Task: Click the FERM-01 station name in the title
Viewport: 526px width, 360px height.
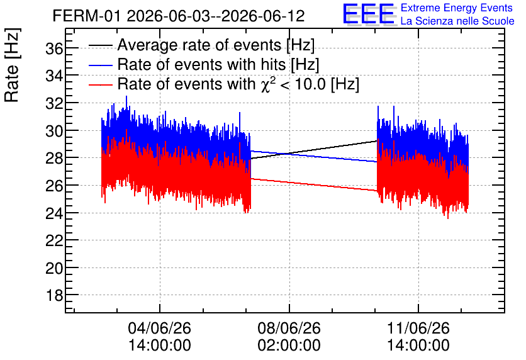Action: click(x=86, y=16)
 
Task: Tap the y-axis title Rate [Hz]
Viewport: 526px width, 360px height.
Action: click(x=12, y=65)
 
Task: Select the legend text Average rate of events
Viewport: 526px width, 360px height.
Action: click(x=199, y=45)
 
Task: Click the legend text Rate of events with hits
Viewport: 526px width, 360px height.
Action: click(x=201, y=64)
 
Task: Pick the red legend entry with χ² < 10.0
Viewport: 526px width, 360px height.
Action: click(x=238, y=84)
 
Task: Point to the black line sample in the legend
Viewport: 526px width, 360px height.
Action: click(x=100, y=45)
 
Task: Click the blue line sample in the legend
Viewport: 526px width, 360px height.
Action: click(x=100, y=65)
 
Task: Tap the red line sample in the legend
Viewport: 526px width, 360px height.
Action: click(x=100, y=84)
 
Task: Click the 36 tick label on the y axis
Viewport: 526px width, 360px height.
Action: click(x=54, y=49)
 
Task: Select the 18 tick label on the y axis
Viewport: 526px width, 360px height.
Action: click(x=54, y=296)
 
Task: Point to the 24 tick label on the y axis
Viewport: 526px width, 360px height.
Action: click(x=54, y=213)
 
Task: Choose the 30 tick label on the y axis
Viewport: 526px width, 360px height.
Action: click(x=54, y=131)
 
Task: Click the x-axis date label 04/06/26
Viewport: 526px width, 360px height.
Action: click(x=160, y=328)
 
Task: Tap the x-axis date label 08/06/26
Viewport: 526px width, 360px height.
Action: click(x=289, y=328)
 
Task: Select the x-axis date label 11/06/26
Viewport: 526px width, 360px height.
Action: click(x=418, y=328)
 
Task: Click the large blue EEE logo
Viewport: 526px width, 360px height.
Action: click(x=368, y=14)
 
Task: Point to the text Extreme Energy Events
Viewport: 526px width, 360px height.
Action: click(x=457, y=8)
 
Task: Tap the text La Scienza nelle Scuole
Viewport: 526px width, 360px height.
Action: click(x=457, y=21)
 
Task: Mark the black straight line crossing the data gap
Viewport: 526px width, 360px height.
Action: click(x=314, y=150)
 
